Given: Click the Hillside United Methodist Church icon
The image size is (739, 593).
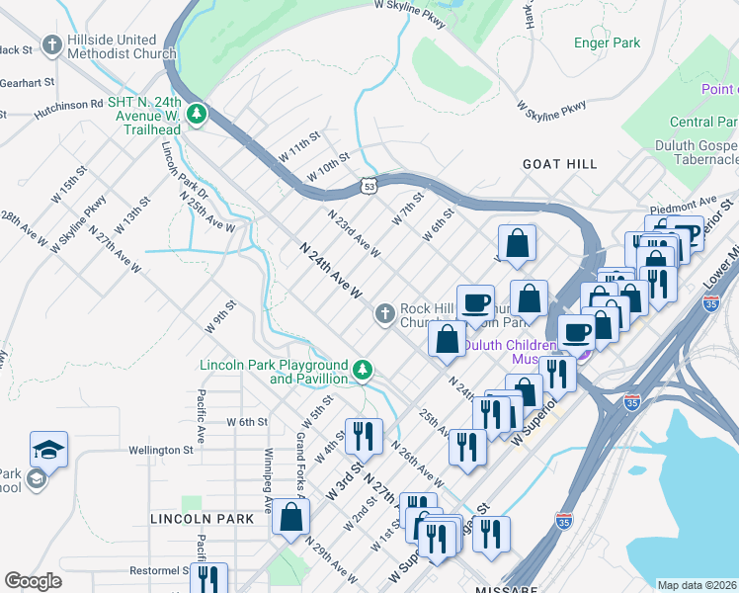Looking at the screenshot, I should tap(52, 45).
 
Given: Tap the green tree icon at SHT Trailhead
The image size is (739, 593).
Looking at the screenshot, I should tap(198, 115).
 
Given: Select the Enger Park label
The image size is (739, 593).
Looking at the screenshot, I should tap(607, 42).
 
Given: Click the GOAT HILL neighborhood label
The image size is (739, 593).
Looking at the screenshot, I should tap(560, 164).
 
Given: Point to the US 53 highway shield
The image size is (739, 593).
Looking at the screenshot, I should tap(369, 185).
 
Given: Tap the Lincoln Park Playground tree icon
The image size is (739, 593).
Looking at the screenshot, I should tap(364, 371).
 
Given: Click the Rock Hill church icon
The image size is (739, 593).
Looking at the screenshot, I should tap(385, 314).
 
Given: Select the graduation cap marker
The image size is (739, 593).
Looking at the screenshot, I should tap(48, 450).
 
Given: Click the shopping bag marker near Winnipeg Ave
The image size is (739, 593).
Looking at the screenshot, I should tap(291, 516).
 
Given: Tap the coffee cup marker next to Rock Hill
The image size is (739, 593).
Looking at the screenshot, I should tap(475, 302).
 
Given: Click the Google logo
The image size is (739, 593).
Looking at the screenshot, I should tap(33, 581).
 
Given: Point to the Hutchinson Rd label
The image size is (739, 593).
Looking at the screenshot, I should tap(54, 103).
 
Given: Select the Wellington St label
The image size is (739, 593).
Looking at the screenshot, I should tap(160, 450).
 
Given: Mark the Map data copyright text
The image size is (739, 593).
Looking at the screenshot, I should tap(697, 584).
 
